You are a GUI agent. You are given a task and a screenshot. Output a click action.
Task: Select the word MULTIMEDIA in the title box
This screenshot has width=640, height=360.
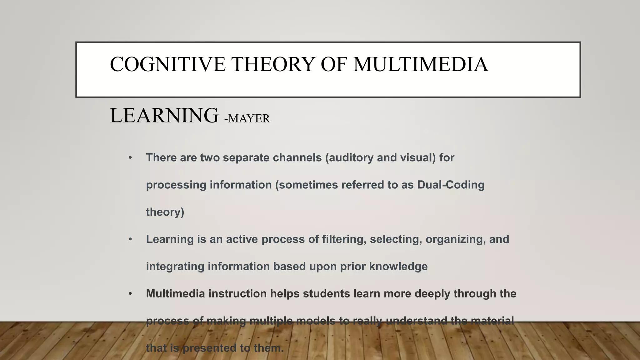(x=420, y=64)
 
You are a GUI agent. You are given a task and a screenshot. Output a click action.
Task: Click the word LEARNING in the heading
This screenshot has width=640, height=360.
(x=164, y=116)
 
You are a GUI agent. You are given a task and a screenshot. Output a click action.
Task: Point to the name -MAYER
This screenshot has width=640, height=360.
(x=247, y=119)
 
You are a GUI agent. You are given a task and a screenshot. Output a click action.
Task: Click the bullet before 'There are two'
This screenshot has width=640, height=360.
(x=131, y=158)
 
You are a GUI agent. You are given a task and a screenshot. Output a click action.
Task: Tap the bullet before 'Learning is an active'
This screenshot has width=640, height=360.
(x=131, y=239)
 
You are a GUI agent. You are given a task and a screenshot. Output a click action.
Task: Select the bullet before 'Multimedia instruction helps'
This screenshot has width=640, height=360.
(x=131, y=294)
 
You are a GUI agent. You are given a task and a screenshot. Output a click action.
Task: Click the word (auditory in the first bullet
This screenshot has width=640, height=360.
(x=349, y=158)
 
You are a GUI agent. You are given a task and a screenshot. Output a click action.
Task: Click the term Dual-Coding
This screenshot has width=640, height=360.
(x=451, y=185)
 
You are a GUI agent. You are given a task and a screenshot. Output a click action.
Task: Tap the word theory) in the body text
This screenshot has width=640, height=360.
(x=165, y=212)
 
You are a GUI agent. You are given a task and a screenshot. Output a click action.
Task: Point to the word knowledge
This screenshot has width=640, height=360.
(x=398, y=267)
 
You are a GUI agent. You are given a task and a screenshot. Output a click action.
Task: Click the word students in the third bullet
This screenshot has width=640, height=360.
(x=326, y=294)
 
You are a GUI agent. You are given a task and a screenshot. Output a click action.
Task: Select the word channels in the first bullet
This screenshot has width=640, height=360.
(x=297, y=158)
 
